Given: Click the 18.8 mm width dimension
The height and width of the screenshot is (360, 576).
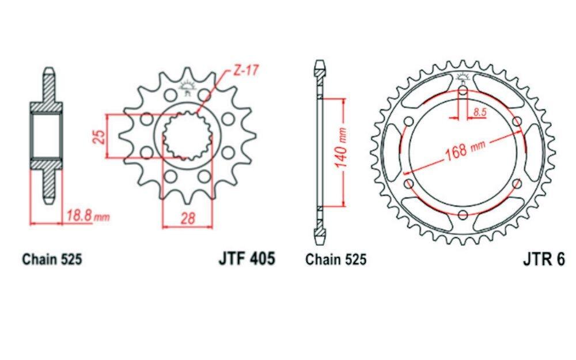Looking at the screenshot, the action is [x=88, y=215].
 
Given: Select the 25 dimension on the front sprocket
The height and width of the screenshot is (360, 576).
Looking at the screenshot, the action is [x=100, y=137].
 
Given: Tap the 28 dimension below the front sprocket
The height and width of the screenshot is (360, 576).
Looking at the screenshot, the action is [x=188, y=218].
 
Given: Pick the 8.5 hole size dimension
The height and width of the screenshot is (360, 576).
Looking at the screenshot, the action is [x=480, y=112].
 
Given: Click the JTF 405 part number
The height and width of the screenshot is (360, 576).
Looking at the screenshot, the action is [x=247, y=258].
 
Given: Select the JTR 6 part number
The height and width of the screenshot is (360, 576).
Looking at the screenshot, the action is [x=544, y=259].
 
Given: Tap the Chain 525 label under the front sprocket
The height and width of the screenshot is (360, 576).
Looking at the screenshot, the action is [x=52, y=259].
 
